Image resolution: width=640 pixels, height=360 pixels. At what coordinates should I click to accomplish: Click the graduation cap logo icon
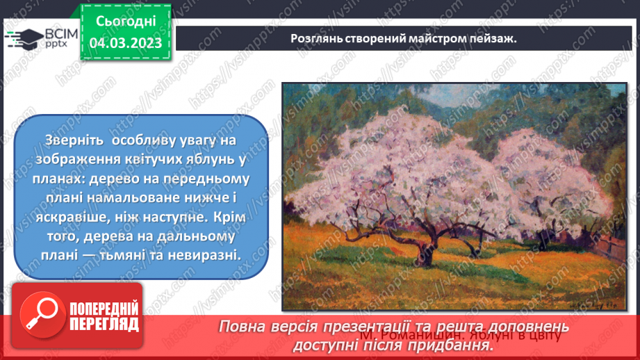[x=24, y=38]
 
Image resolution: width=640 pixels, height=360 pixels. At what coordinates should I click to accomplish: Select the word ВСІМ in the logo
[x=56, y=33]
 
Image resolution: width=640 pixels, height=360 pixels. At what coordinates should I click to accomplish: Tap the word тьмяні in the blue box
[x=143, y=255]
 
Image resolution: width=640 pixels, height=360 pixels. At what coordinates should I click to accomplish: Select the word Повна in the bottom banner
[x=244, y=327]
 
